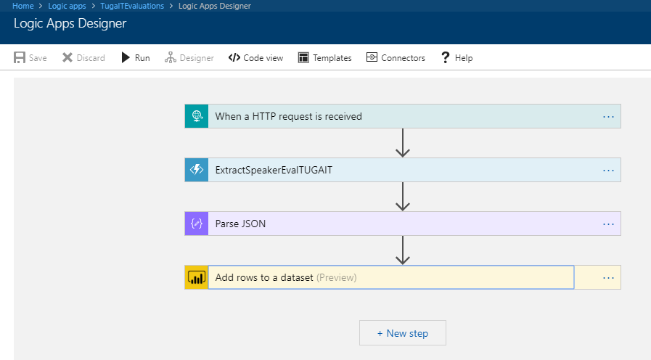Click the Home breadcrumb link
click(x=22, y=6)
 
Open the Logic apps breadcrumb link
click(x=67, y=6)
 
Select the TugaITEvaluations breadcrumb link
click(x=132, y=6)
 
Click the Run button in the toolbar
click(x=135, y=58)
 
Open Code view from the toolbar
click(x=255, y=58)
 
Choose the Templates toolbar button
click(x=324, y=58)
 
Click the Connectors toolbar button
click(x=396, y=58)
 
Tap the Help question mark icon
click(x=445, y=57)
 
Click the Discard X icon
click(x=67, y=57)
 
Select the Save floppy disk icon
click(x=20, y=57)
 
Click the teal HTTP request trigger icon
click(x=197, y=116)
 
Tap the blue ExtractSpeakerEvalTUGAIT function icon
click(x=197, y=170)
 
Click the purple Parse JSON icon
click(x=197, y=224)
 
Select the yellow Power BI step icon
click(x=197, y=277)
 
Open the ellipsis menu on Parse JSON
click(x=608, y=224)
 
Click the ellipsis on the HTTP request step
click(x=608, y=117)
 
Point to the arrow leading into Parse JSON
click(x=403, y=197)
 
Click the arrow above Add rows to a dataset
click(x=403, y=250)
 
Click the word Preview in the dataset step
click(x=337, y=277)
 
